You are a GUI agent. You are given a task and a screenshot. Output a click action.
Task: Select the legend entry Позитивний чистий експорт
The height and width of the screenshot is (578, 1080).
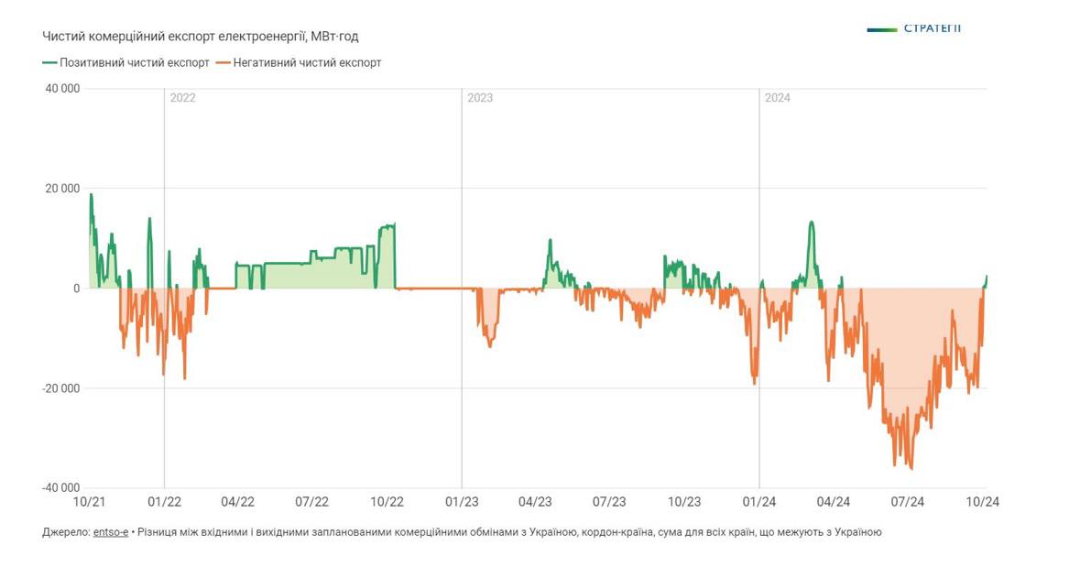[125, 62]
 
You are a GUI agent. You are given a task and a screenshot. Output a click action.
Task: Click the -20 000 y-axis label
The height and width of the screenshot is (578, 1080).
[60, 388]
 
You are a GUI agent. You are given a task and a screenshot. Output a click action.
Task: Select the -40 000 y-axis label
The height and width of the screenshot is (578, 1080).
[60, 488]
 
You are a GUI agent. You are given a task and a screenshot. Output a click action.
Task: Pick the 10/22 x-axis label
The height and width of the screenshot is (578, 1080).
[387, 502]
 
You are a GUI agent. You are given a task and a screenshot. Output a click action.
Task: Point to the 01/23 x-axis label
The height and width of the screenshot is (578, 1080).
[461, 502]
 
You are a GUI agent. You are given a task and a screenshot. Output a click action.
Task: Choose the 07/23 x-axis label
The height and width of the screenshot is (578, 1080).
[609, 502]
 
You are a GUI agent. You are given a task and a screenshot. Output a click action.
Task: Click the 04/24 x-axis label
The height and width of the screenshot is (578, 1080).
[833, 502]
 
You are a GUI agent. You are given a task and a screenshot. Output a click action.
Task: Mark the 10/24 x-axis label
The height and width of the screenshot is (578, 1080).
[982, 502]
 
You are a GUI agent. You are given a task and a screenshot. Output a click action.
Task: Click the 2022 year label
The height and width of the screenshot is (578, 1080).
[183, 98]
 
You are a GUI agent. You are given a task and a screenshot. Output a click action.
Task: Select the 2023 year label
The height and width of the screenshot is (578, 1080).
[480, 98]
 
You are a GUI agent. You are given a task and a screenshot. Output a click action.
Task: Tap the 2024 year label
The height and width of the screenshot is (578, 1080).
[778, 98]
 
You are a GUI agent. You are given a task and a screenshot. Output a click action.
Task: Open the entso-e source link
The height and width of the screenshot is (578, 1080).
[111, 531]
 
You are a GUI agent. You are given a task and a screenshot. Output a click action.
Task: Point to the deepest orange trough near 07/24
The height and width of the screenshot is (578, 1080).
[911, 469]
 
